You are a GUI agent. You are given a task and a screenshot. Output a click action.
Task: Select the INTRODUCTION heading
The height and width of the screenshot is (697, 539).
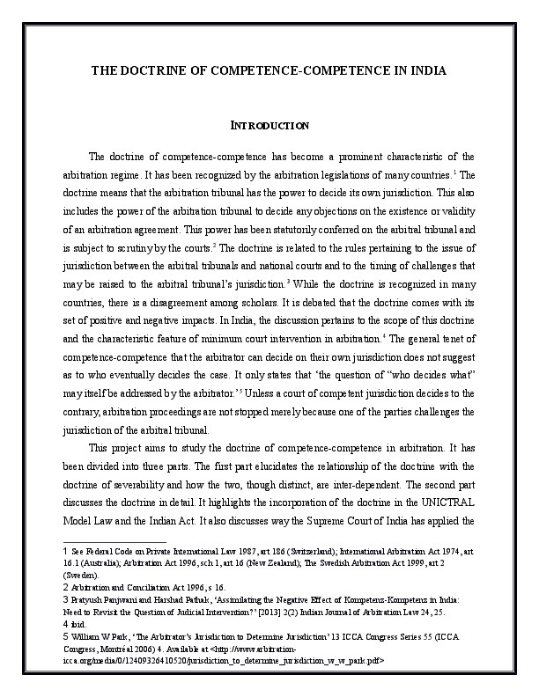269,126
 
